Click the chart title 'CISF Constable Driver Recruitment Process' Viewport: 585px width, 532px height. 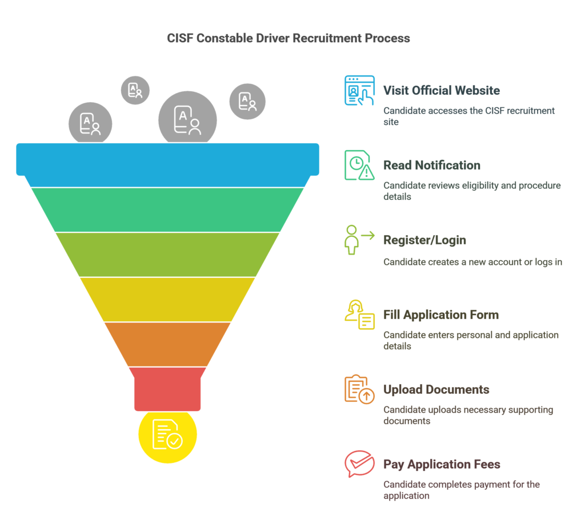pyautogui.click(x=289, y=38)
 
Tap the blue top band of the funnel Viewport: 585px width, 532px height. pyautogui.click(x=167, y=164)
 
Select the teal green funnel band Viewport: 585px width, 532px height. pyautogui.click(x=167, y=210)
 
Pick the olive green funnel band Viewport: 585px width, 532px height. pyautogui.click(x=167, y=255)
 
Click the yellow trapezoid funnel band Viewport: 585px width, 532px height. pyautogui.click(x=167, y=299)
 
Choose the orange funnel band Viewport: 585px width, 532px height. pyautogui.click(x=167, y=344)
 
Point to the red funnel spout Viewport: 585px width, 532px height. pyautogui.click(x=167, y=389)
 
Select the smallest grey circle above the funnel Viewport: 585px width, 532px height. pyautogui.click(x=135, y=90)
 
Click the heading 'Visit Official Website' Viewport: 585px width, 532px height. pyautogui.click(x=442, y=90)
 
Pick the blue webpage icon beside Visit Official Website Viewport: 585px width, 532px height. pyautogui.click(x=359, y=90)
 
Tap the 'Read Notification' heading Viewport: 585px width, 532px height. pyautogui.click(x=432, y=165)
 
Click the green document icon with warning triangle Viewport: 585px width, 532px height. pyautogui.click(x=359, y=165)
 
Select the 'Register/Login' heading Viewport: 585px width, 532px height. pyautogui.click(x=424, y=240)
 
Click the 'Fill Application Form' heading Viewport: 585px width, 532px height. pyautogui.click(x=441, y=315)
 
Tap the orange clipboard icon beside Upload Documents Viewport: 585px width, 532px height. pyautogui.click(x=359, y=389)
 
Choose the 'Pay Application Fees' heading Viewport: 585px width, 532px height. pyautogui.click(x=442, y=464)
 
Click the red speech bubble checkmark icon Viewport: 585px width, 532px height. pyautogui.click(x=359, y=464)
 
